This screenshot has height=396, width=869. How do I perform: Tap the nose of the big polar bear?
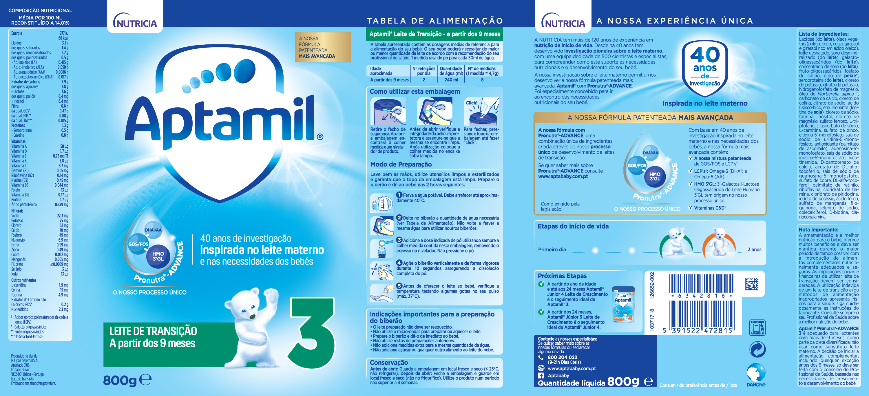[252, 317]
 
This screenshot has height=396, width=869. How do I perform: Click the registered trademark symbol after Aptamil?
[320, 137]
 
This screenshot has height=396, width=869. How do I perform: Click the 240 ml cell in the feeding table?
[451, 80]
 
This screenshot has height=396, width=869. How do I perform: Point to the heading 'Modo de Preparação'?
[401, 164]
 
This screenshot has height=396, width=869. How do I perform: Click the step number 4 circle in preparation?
[399, 263]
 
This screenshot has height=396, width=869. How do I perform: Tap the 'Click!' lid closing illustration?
[481, 111]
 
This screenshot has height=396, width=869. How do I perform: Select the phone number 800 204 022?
[562, 357]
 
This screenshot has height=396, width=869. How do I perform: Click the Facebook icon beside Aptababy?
[541, 375]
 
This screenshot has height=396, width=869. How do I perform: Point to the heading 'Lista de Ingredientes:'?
[824, 34]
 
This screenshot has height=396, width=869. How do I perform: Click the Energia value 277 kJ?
[64, 33]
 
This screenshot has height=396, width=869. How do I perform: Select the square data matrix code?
[751, 284]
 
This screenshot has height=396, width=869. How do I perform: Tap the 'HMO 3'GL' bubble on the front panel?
[158, 256]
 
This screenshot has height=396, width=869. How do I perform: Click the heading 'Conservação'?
[389, 363]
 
